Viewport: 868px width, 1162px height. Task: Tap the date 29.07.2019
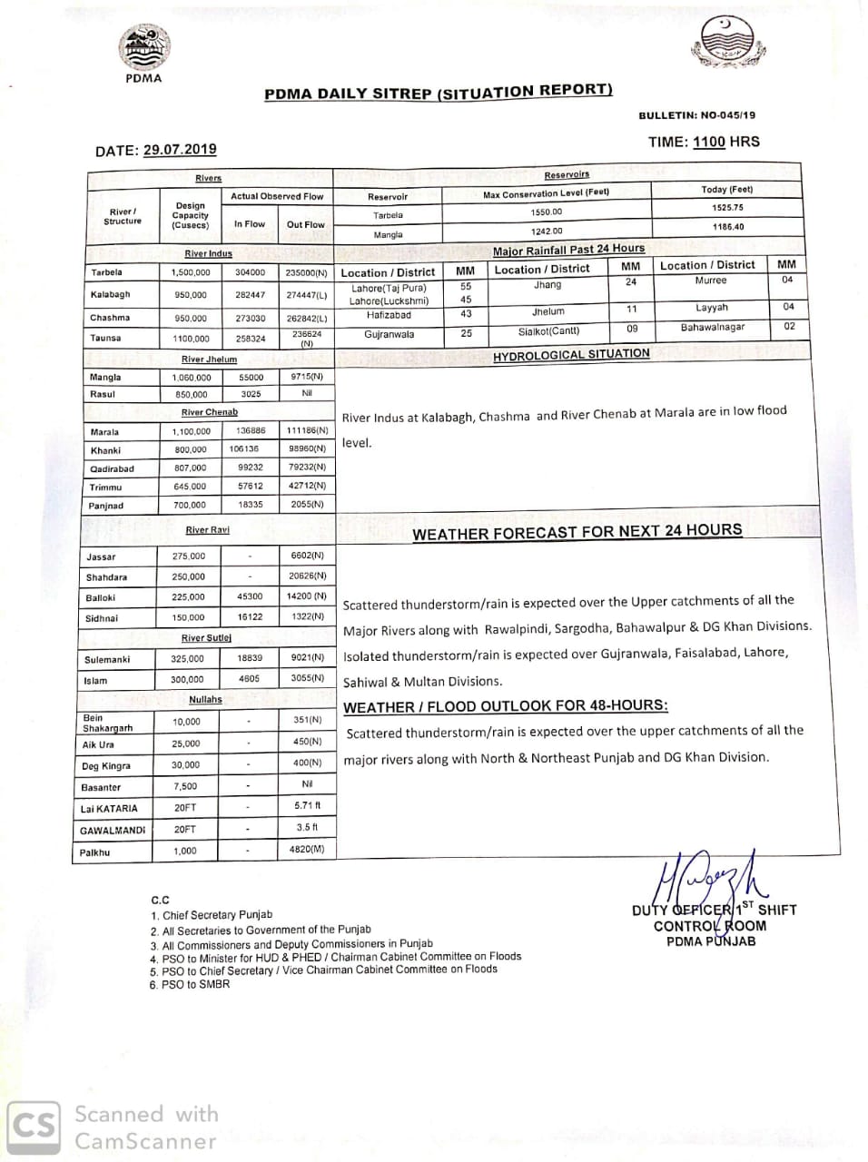tap(180, 150)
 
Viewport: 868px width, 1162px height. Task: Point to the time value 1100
tap(709, 142)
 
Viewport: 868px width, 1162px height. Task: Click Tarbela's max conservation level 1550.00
tap(547, 212)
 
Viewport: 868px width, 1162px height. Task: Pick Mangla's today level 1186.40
tap(728, 227)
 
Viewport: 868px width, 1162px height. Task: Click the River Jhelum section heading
tap(209, 359)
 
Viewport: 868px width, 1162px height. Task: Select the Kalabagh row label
tap(110, 295)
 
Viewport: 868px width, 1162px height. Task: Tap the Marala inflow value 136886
tap(251, 431)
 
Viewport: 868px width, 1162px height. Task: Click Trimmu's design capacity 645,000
tap(190, 487)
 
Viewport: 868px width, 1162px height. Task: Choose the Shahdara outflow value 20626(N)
tap(307, 576)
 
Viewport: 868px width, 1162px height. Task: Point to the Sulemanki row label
tap(107, 660)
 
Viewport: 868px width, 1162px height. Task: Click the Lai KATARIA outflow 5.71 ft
tap(308, 805)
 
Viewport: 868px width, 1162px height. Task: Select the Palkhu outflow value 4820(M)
tap(307, 849)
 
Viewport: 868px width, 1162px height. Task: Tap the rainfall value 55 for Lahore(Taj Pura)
tap(466, 286)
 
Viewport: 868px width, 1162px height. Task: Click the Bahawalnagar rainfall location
tap(713, 328)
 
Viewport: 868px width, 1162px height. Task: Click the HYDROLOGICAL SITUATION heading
tap(571, 355)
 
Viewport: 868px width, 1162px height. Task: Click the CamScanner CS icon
tap(35, 1128)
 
